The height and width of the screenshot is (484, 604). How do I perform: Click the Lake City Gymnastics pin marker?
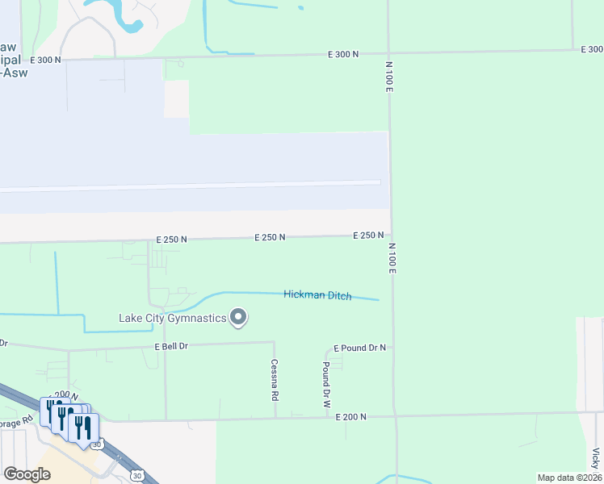[238, 318]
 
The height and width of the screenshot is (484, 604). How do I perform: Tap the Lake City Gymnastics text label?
[173, 318]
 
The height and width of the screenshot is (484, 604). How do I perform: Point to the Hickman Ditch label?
[317, 295]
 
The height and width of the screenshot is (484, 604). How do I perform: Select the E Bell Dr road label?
[171, 346]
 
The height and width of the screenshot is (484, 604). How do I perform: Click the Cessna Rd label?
[275, 380]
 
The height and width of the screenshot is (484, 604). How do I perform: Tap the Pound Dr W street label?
[326, 383]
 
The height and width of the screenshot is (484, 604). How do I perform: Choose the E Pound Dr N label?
[359, 348]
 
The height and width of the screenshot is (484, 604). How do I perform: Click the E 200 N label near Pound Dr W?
[349, 416]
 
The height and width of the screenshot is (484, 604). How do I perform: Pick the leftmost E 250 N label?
[171, 240]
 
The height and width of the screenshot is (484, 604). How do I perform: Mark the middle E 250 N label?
[270, 238]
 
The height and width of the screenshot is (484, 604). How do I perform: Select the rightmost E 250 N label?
[368, 236]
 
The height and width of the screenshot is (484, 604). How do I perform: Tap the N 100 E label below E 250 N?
[392, 258]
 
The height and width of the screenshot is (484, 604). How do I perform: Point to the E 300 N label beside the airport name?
[45, 60]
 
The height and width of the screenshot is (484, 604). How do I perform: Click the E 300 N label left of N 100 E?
[343, 54]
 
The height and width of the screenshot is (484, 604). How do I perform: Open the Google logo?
[27, 474]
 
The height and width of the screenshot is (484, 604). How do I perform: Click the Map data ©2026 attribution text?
[568, 478]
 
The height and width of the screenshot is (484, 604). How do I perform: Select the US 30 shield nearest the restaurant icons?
[97, 444]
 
